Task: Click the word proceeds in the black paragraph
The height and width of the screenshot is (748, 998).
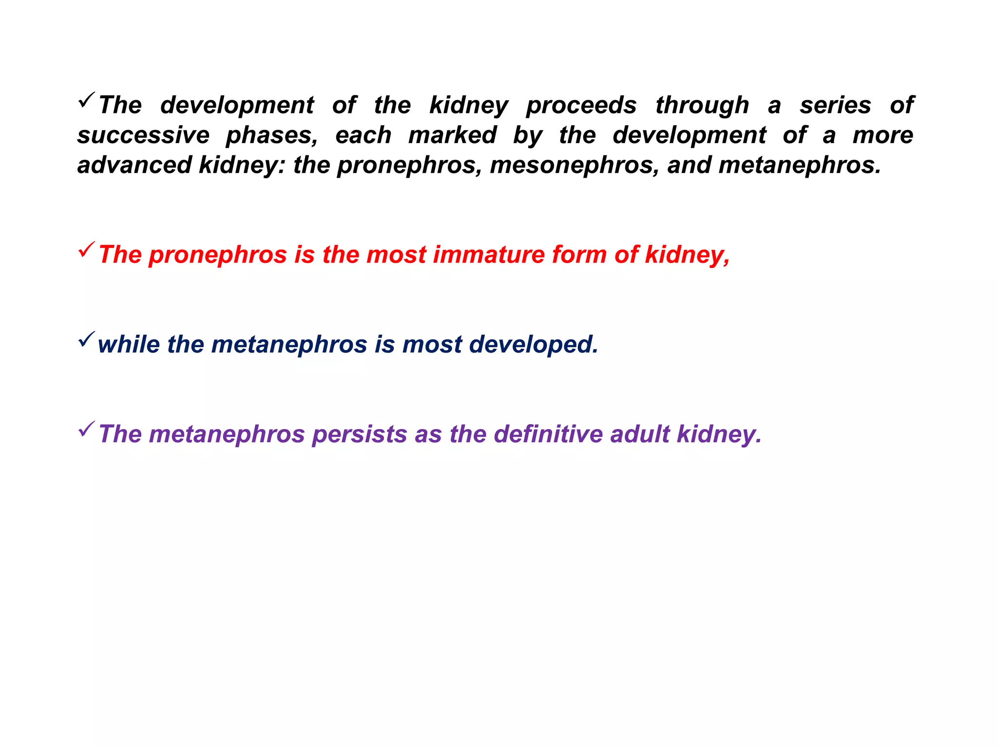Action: click(x=581, y=106)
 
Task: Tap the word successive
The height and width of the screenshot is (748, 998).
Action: click(x=143, y=135)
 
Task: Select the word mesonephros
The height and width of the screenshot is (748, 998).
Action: click(x=574, y=165)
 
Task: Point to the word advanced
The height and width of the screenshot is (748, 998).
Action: click(x=134, y=165)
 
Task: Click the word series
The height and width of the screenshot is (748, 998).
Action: click(x=835, y=106)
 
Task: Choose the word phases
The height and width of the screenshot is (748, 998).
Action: click(x=272, y=135)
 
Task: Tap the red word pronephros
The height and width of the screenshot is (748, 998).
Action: click(x=217, y=255)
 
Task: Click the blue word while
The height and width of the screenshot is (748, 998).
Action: click(x=129, y=344)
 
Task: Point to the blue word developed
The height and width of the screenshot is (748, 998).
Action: click(x=534, y=344)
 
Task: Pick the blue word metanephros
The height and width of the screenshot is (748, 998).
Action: click(x=289, y=344)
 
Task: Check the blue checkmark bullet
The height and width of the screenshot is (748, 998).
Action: click(x=86, y=339)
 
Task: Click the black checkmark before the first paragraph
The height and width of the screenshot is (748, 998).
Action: click(x=86, y=100)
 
